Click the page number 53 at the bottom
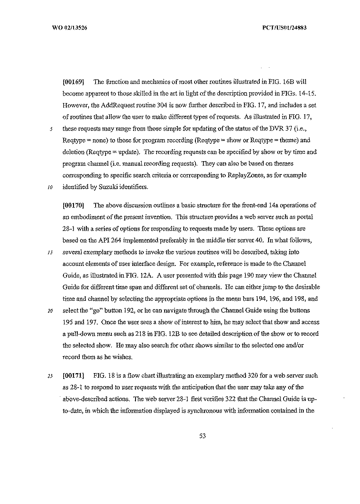pyautogui.click(x=203, y=436)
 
